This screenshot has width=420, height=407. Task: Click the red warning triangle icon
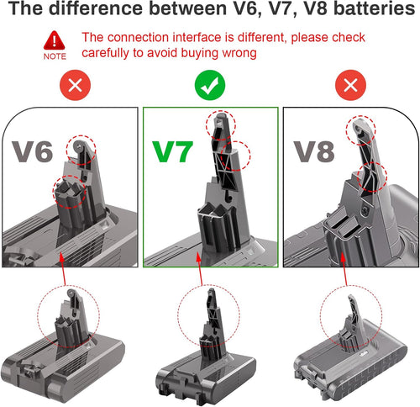coord(55,41)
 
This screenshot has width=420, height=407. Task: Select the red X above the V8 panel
coord(347,87)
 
